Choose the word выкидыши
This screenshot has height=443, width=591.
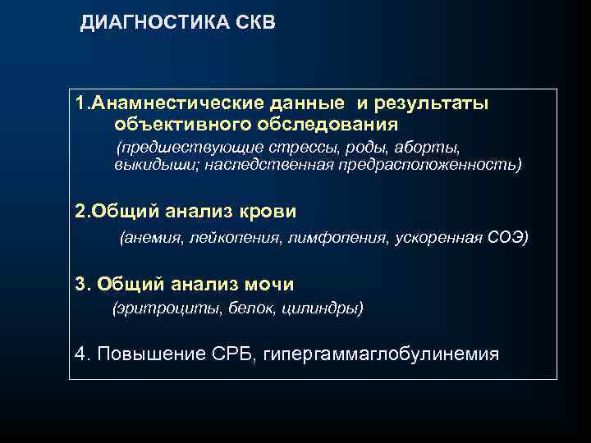pos(157,165)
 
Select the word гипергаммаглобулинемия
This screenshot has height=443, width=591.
pos(381,354)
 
